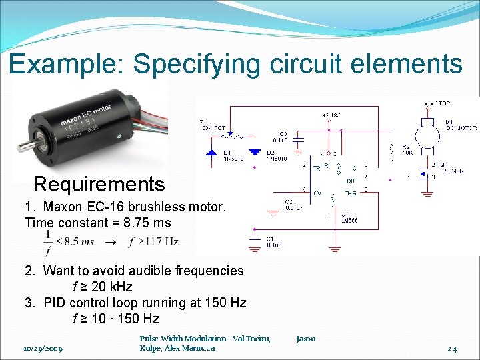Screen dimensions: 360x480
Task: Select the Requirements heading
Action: coord(99,184)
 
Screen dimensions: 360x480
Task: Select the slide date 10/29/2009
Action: coord(43,349)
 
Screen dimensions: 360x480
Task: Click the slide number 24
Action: coord(452,349)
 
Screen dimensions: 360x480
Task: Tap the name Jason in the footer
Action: coord(306,339)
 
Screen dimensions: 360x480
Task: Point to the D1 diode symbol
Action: coord(212,152)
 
